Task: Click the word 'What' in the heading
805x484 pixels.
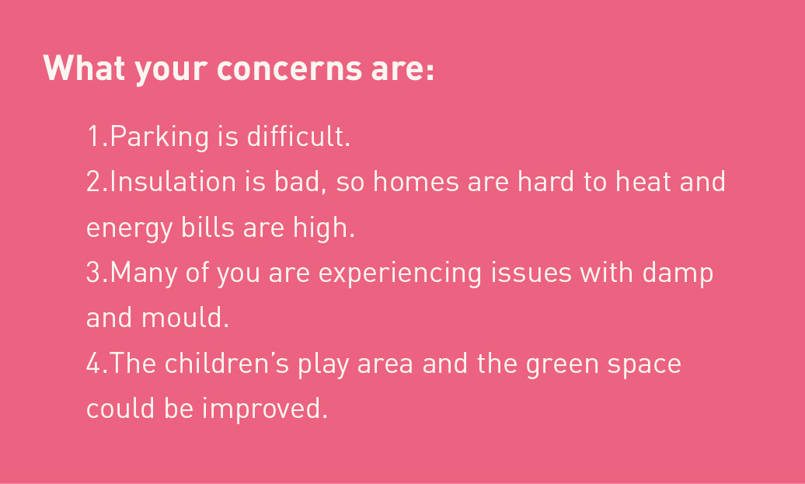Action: tap(84, 68)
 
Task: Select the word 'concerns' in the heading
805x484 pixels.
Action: tap(290, 69)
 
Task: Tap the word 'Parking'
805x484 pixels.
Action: tap(159, 138)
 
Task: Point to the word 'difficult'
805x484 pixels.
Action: tap(298, 136)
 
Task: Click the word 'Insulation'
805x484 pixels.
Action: tap(172, 182)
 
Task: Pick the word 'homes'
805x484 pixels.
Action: tap(416, 182)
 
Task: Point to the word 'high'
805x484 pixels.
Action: tap(323, 228)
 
